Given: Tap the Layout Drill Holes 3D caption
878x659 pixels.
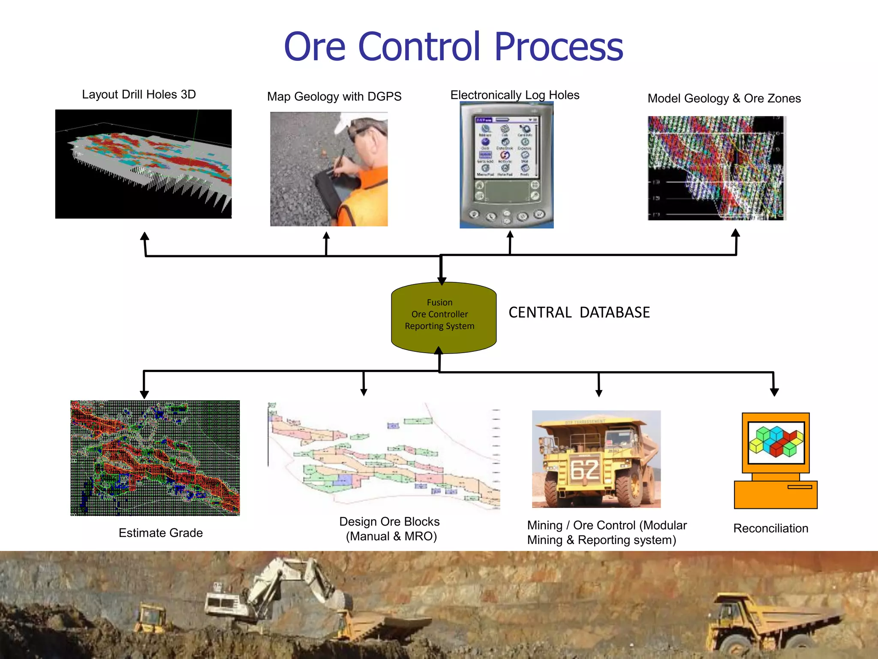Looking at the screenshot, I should (138, 94).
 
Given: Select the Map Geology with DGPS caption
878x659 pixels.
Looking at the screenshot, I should (334, 97).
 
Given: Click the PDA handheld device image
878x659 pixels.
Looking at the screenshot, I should (506, 165).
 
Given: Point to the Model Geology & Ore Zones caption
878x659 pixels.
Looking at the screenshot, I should (724, 99).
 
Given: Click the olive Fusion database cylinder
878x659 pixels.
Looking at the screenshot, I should (443, 317).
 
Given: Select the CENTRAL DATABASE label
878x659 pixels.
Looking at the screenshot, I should (579, 312).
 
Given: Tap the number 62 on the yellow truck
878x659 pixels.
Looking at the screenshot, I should (585, 469).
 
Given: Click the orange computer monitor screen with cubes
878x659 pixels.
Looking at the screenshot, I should (776, 442).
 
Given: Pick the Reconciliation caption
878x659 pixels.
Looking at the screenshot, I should (770, 528).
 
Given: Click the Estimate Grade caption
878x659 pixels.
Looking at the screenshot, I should (160, 533).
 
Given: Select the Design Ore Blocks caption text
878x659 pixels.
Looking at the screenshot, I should (389, 529).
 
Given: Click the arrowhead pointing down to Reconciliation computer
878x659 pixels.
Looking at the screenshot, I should (774, 392).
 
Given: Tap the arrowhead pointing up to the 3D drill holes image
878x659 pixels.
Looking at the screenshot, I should (145, 236).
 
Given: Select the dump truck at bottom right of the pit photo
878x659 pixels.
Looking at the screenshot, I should (767, 622).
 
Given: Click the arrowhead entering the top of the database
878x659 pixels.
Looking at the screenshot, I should (442, 281).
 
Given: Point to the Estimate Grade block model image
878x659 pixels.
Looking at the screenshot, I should (155, 458).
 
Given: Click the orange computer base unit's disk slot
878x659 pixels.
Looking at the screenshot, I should (800, 487).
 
